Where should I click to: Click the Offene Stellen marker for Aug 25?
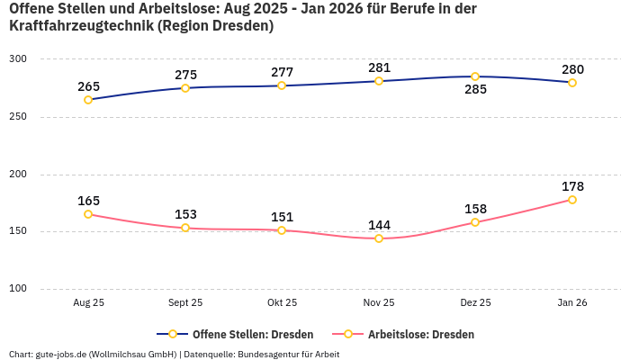88,100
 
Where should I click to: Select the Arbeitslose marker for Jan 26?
572,200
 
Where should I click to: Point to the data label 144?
379,225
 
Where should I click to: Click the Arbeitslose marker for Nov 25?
379,238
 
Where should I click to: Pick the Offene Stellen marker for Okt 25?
282,85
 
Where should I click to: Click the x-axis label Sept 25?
185,303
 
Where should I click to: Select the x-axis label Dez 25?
475,303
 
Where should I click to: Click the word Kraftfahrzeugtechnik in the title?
79,26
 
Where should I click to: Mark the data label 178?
572,186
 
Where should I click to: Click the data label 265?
88,86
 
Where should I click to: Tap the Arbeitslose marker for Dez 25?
475,222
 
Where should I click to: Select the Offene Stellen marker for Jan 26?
572,83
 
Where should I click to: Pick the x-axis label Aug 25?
88,303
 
